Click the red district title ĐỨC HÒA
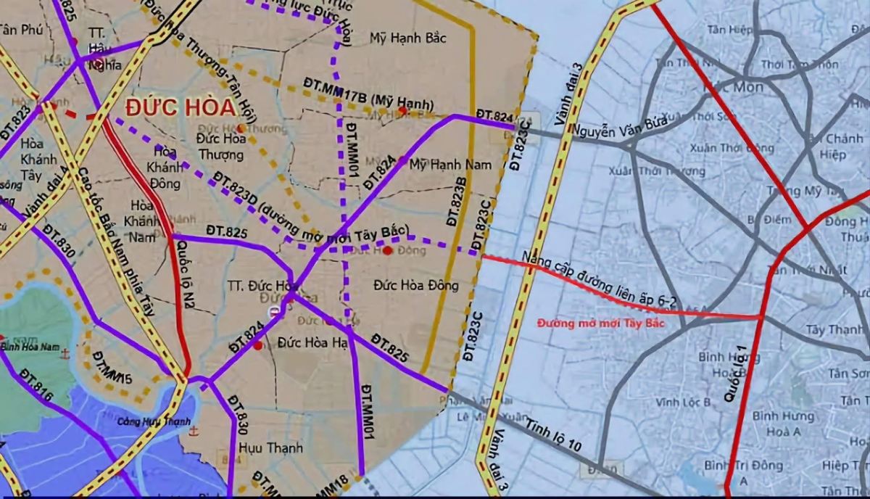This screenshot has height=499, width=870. click(x=181, y=107)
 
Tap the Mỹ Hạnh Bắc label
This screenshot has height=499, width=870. click(x=407, y=38)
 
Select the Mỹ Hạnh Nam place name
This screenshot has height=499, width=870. click(x=450, y=165)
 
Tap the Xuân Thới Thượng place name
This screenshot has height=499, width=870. click(x=668, y=172)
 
